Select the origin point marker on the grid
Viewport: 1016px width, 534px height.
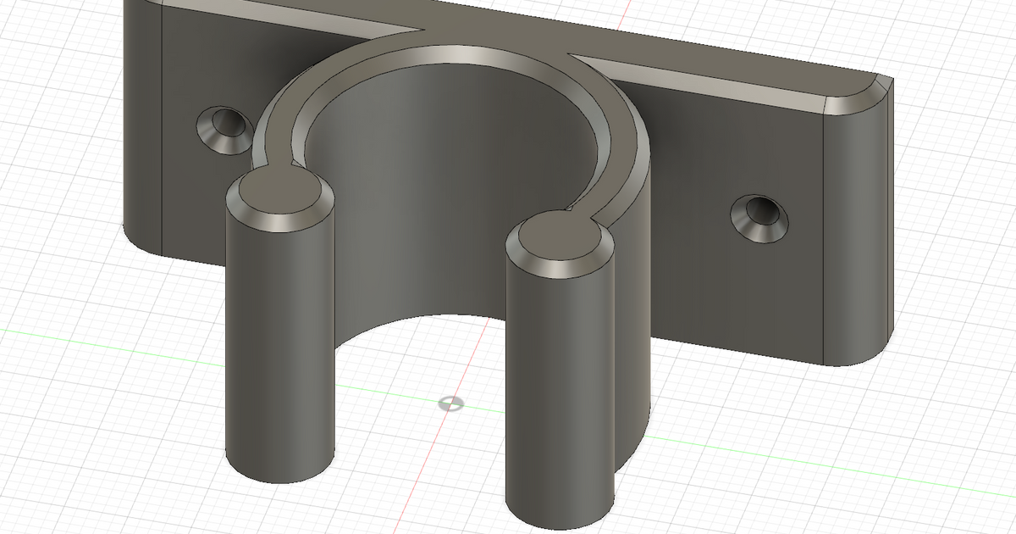450,403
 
